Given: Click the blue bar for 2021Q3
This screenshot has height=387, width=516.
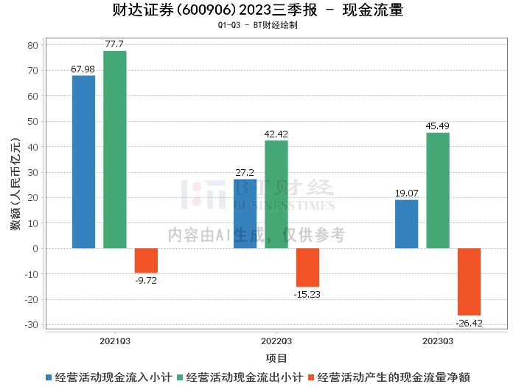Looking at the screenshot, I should tap(83, 162).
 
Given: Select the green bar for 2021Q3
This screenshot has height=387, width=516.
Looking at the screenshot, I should tap(114, 149).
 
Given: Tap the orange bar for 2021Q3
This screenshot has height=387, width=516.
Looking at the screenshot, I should tap(146, 261).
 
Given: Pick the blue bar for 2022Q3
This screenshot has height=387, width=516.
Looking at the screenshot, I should tap(245, 213).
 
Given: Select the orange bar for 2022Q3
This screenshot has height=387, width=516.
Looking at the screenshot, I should tap(307, 267).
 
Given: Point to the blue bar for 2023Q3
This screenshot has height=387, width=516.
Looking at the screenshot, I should tap(406, 224).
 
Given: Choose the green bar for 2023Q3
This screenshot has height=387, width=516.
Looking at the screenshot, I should tap(437, 191).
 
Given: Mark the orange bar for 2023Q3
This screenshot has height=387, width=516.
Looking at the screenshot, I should tap(469, 281).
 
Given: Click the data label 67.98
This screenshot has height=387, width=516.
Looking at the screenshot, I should tap(83, 69).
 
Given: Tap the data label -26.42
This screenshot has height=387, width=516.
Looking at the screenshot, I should tap(469, 323).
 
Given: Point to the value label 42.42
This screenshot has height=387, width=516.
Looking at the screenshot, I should tap(276, 134).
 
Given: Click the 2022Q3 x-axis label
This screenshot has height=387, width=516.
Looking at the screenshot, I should tap(276, 341).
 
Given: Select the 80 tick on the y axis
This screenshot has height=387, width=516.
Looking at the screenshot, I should tap(32, 45).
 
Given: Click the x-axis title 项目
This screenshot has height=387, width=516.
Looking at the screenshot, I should tap(276, 358).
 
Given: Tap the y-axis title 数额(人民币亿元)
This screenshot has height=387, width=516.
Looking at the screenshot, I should tap(15, 184).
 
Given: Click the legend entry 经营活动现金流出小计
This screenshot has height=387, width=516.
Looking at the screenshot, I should tap(244, 377).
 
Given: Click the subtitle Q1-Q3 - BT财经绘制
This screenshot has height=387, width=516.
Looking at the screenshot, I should tap(258, 25).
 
